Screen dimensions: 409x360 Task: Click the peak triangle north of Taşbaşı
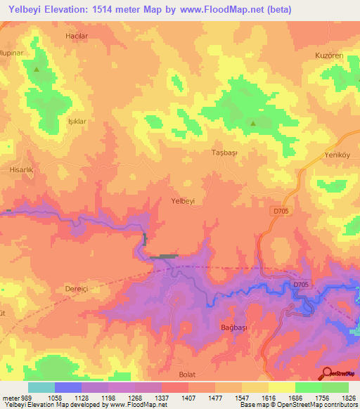tap(253, 124)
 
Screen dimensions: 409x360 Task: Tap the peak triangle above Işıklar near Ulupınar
tap(37, 70)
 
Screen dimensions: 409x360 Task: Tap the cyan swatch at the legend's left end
tap(41, 387)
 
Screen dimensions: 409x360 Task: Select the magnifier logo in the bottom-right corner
tap(327, 372)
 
